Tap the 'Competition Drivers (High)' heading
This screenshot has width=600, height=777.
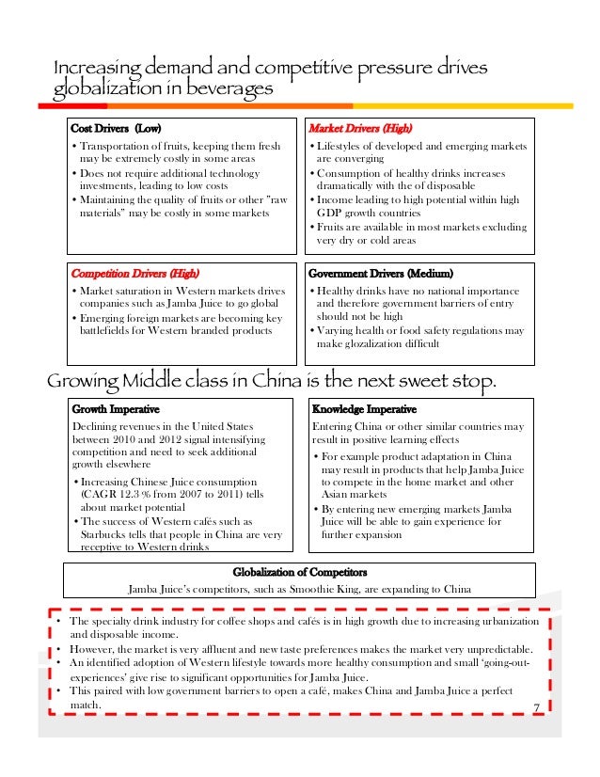coord(135,274)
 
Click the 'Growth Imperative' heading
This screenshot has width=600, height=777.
coord(116,409)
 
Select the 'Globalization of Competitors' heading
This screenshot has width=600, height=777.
coord(300,572)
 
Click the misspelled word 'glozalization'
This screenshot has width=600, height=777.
coord(362,344)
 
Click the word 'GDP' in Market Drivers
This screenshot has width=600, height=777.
coord(329,214)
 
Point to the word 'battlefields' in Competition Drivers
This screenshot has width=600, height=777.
coord(111,330)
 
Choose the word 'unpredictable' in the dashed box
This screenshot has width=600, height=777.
coord(491,649)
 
